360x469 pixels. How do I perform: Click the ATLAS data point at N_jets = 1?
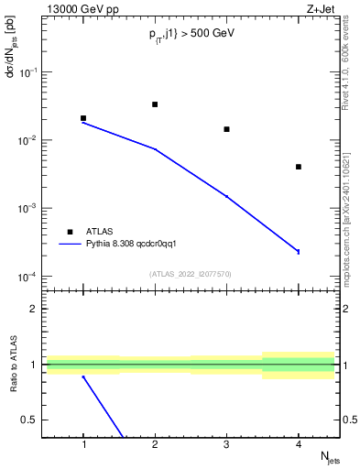tap(83, 118)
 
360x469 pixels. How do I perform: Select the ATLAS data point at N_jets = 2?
tap(155, 104)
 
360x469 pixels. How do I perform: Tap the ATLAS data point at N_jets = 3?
tap(226, 129)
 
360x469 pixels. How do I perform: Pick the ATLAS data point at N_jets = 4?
tap(299, 167)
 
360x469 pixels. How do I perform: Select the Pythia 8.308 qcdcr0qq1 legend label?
tap(137, 244)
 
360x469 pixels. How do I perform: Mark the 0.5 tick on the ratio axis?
tap(30, 420)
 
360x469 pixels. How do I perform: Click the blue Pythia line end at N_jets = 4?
tap(299, 251)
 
